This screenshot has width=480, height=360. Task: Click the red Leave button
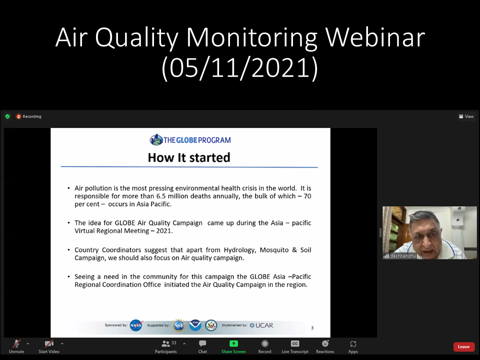coord(463,346)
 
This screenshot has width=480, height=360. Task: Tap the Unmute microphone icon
coord(16,344)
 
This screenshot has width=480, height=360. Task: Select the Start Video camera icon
coord(49,344)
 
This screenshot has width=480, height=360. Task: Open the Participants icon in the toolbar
coord(165,344)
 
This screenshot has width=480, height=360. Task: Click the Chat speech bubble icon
coord(202,344)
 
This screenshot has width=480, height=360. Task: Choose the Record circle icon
coord(265,344)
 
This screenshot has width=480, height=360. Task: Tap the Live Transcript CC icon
coord(295,344)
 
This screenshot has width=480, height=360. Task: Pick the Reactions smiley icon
coord(325,343)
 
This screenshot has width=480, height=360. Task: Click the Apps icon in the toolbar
coord(353,344)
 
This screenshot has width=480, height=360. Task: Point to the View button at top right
coord(466,116)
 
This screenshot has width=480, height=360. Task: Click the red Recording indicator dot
coord(18,116)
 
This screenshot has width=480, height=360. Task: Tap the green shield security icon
coord(7,116)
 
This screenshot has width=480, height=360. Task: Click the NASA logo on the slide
coord(136,325)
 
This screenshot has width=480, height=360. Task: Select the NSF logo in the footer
coord(179,325)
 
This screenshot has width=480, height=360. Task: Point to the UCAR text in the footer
coord(264,325)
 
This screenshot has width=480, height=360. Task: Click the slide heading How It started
coord(189,157)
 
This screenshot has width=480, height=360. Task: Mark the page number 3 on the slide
coord(312,328)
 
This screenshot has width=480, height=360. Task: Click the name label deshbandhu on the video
coord(403,256)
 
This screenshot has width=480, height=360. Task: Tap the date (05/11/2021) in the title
coord(240,68)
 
